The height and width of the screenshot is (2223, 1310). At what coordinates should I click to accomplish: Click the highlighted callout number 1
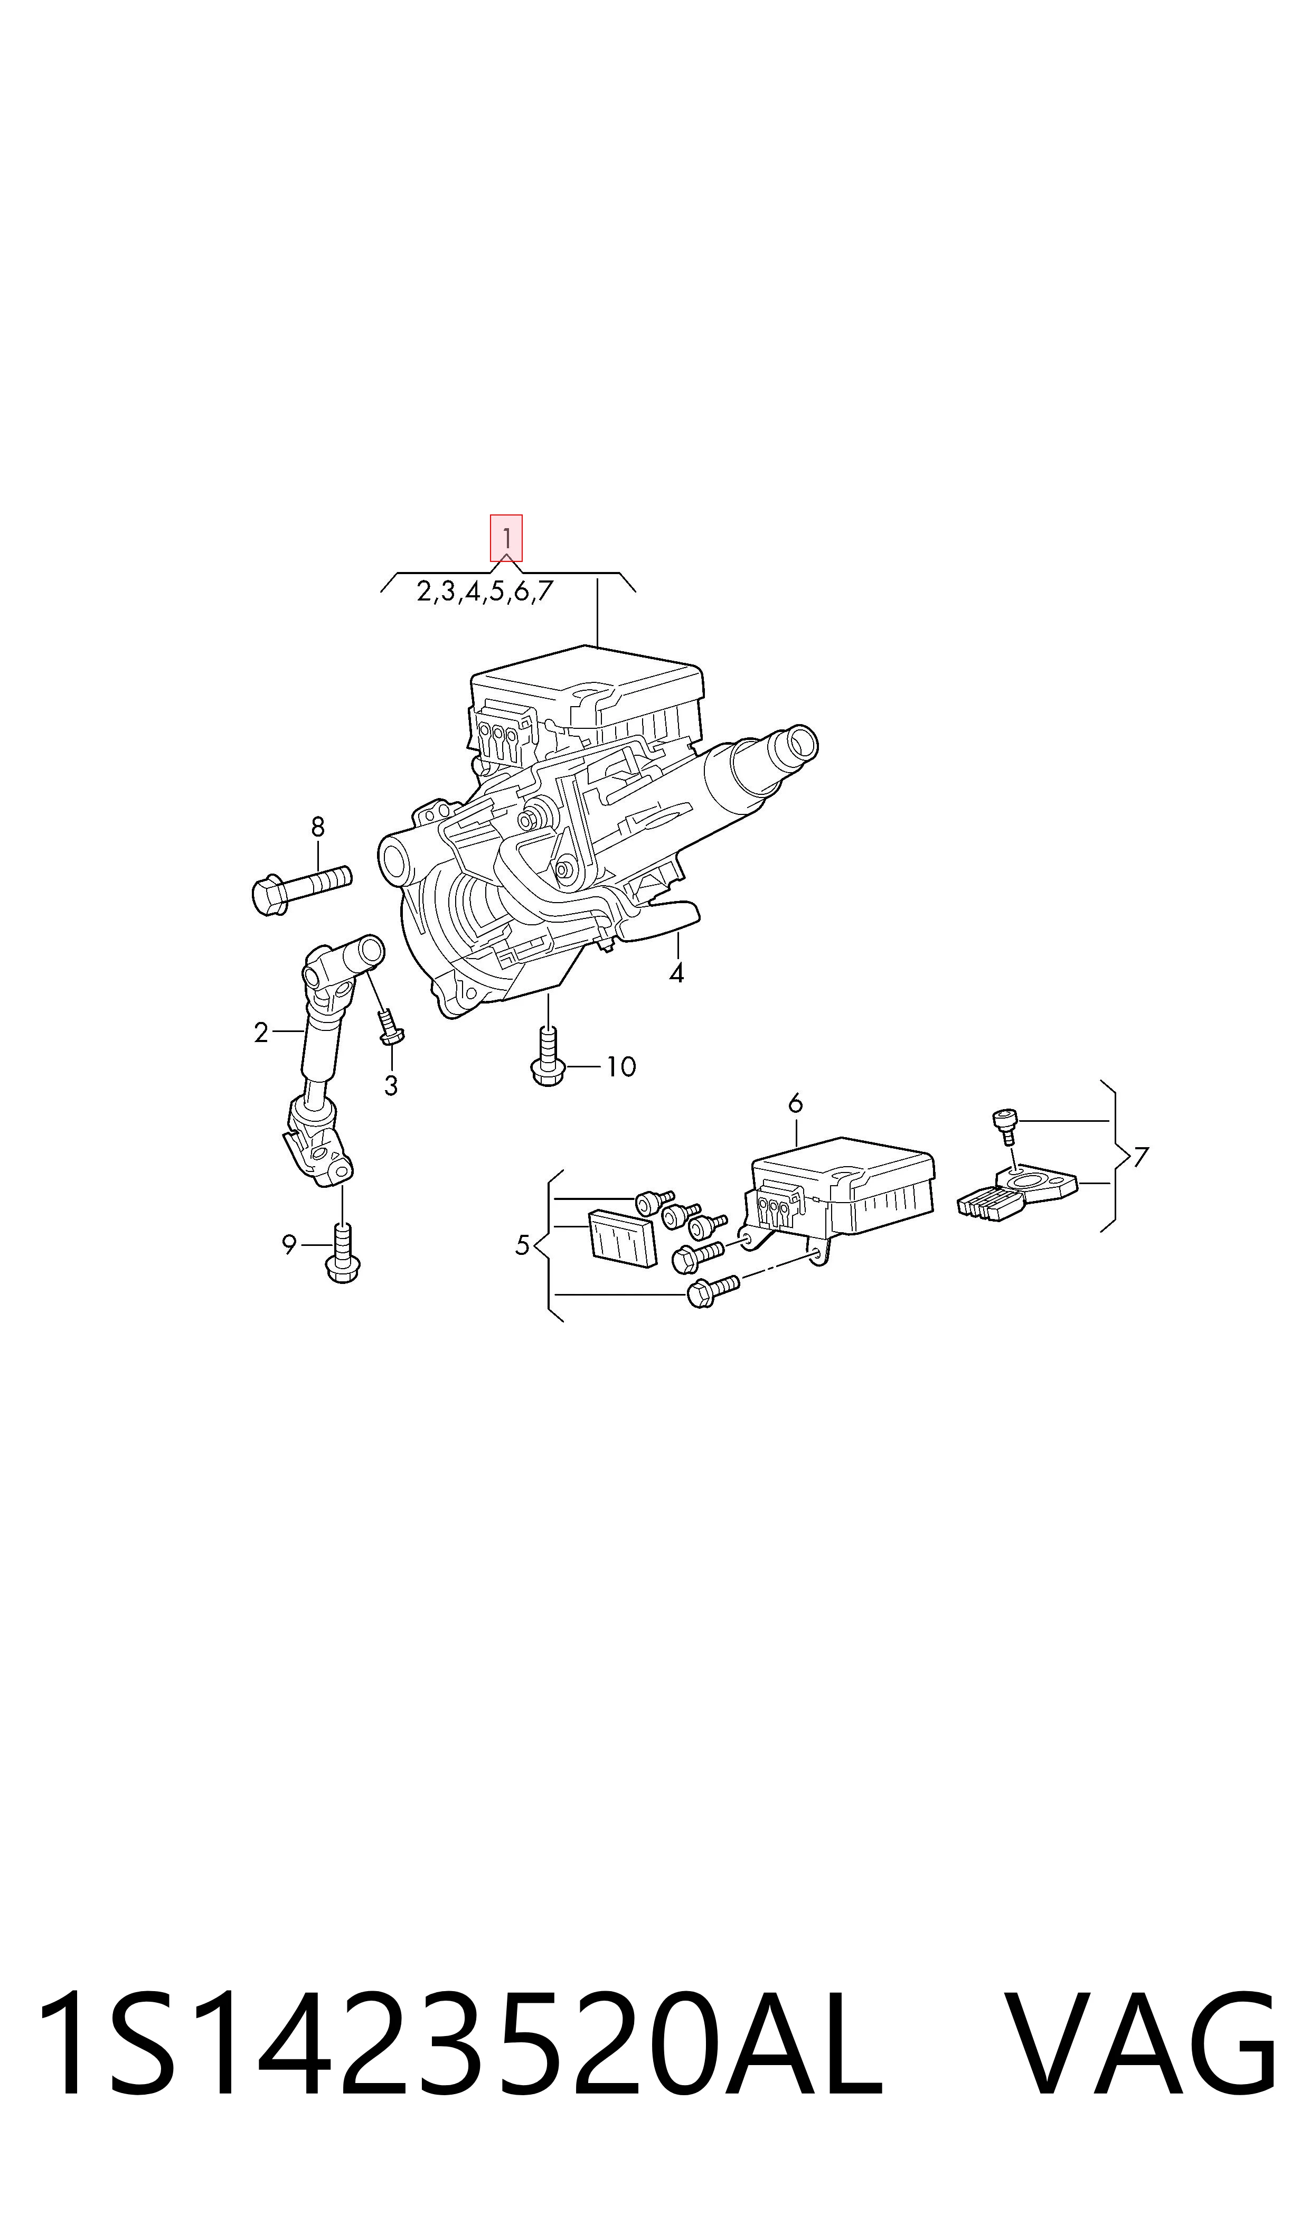tap(507, 538)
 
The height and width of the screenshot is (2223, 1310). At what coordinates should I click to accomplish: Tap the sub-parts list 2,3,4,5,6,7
tap(485, 592)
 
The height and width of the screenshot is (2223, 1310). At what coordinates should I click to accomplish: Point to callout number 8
tap(318, 827)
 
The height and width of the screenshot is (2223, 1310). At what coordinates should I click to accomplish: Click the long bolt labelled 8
tap(301, 888)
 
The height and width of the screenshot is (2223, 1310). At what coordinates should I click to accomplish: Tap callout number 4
tap(676, 973)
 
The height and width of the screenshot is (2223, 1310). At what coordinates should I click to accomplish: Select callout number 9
tap(289, 1245)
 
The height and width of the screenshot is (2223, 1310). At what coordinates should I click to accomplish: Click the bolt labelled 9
tap(343, 1252)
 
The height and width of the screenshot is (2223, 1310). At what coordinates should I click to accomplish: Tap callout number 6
tap(795, 1103)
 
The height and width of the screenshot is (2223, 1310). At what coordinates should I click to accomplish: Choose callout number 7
tap(1142, 1157)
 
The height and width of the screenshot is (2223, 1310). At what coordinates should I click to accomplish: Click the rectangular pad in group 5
tap(623, 1238)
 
